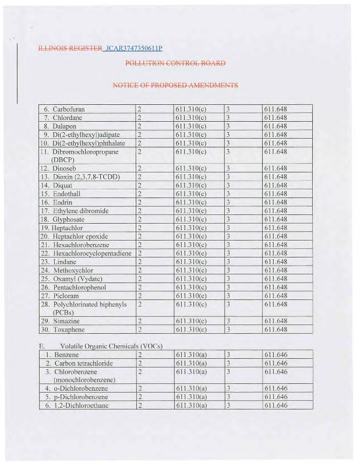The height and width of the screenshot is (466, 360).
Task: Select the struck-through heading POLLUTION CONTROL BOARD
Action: pos(175,63)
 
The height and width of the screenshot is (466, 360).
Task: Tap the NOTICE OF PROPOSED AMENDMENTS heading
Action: pos(175,86)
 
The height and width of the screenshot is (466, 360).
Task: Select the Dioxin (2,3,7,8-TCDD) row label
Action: pos(85,176)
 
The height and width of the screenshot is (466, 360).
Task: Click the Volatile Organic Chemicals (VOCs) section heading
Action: pos(111,347)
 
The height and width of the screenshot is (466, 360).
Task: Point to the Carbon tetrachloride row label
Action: pos(83,363)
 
